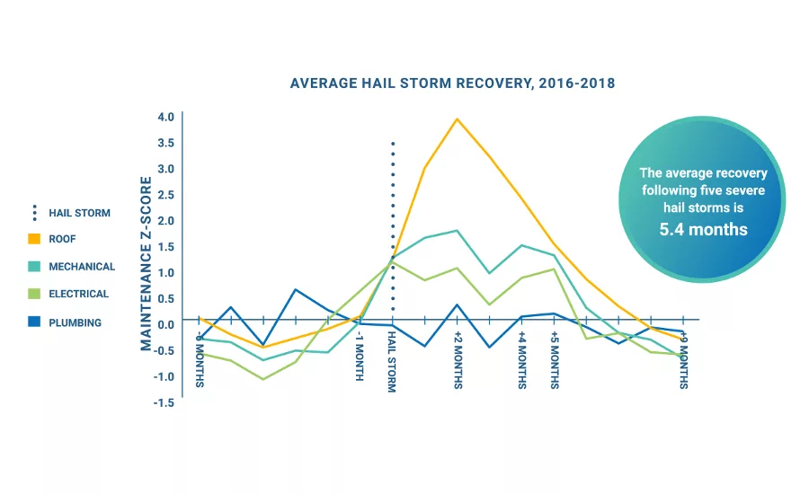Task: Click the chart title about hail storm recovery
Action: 452,84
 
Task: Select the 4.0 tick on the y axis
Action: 165,117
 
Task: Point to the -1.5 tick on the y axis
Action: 164,403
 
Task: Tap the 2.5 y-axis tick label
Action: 165,195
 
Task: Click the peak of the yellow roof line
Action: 457,119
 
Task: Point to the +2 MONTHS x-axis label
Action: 457,360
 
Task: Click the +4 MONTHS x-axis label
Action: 521,360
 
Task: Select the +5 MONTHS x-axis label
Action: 554,360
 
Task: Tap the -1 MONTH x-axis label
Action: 360,356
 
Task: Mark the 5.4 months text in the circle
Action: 703,229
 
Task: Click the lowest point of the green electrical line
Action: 262,379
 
